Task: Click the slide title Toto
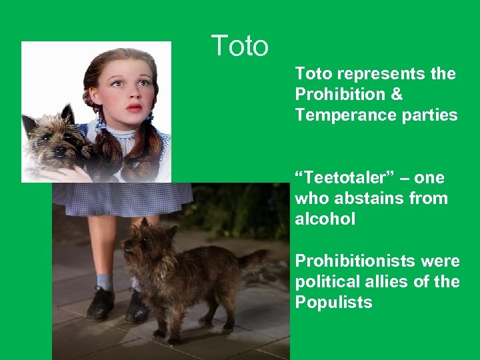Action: coord(240,46)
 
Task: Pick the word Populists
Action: coord(333,302)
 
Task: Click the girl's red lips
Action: coord(134,107)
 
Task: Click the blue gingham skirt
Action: coord(120,198)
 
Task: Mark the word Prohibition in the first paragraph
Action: coord(339,95)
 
